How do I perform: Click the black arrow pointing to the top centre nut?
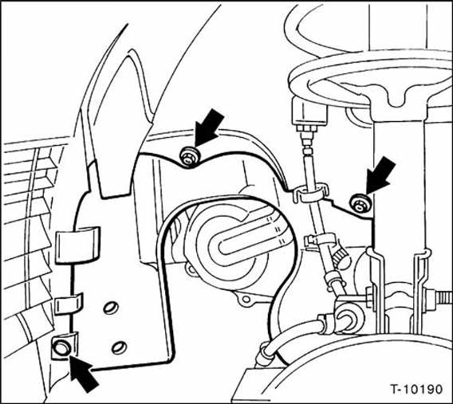pos(209,127)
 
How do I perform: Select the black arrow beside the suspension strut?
pos(380,176)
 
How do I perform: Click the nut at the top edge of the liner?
pos(190,157)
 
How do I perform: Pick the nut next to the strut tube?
pos(360,204)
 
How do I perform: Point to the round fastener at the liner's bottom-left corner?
pos(61,347)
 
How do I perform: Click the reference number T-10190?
pos(416,389)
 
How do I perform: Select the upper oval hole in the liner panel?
pos(111,308)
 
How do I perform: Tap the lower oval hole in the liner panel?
pos(119,347)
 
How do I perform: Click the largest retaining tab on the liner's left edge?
pos(77,245)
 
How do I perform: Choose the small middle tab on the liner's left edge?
pos(69,304)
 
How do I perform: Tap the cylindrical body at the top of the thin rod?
pos(309,111)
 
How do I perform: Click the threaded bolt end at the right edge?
pos(443,298)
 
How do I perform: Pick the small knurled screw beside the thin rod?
pos(341,257)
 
